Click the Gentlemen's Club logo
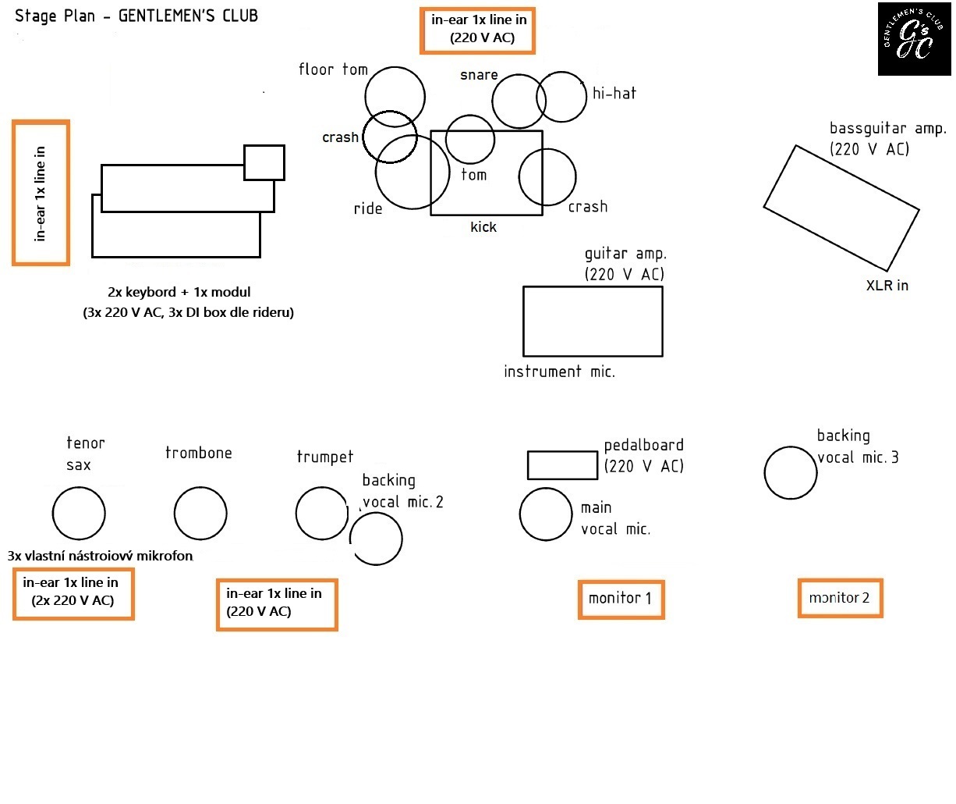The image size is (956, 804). tap(915, 39)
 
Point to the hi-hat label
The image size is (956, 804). tap(614, 94)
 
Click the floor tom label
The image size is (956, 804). tap(333, 69)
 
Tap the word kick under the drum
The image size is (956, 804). tap(483, 227)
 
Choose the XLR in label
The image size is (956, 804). tap(887, 286)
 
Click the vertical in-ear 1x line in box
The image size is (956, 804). tap(14, 193)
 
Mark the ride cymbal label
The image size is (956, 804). tap(367, 209)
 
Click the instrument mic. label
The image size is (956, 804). tap(559, 372)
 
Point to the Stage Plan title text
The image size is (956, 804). tap(136, 16)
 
